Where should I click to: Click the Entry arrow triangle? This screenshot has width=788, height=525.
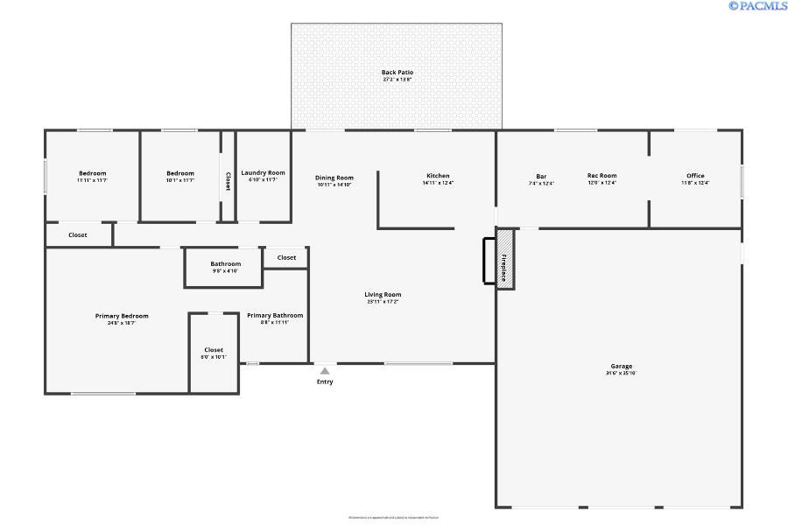(x=325, y=371)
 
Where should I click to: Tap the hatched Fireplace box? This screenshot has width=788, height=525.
(x=505, y=259)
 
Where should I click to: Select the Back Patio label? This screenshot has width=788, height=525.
(x=397, y=73)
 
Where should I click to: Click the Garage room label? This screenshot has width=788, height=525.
(x=622, y=366)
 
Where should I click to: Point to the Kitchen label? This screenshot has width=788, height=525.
(x=438, y=176)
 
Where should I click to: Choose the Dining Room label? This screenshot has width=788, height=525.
(x=334, y=178)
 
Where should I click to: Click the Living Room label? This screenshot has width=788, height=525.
(x=383, y=295)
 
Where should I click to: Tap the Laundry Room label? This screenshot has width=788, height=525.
(x=264, y=173)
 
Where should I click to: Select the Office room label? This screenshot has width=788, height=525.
(x=695, y=176)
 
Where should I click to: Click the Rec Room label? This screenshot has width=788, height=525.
(x=602, y=176)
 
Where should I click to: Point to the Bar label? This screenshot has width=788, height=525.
(x=541, y=176)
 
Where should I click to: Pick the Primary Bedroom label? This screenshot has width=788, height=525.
(x=122, y=316)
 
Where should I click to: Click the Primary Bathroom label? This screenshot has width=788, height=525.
(x=275, y=315)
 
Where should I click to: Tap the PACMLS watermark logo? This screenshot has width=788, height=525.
(x=757, y=6)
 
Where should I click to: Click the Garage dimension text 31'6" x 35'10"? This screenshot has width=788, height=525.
(x=622, y=374)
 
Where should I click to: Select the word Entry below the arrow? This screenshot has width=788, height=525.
(x=325, y=381)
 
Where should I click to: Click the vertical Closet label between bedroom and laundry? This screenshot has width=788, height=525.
(x=229, y=180)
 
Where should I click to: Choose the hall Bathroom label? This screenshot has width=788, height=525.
(x=225, y=264)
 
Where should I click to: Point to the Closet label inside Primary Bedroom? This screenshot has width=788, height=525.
(x=214, y=350)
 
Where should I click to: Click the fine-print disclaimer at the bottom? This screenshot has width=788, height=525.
(x=393, y=517)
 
